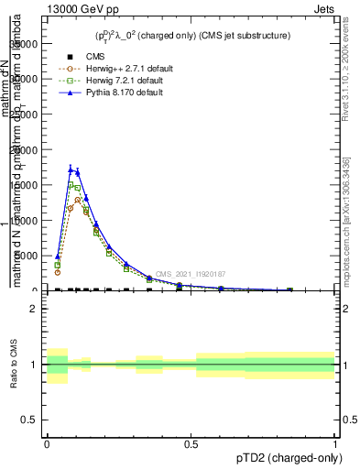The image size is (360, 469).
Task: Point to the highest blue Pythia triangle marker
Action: pyautogui.click(x=71, y=169)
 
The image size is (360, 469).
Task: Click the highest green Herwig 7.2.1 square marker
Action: pyautogui.click(x=71, y=185)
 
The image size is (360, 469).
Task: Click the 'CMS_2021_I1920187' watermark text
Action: pyautogui.click(x=190, y=274)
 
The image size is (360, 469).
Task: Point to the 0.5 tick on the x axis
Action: pyautogui.click(x=191, y=444)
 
